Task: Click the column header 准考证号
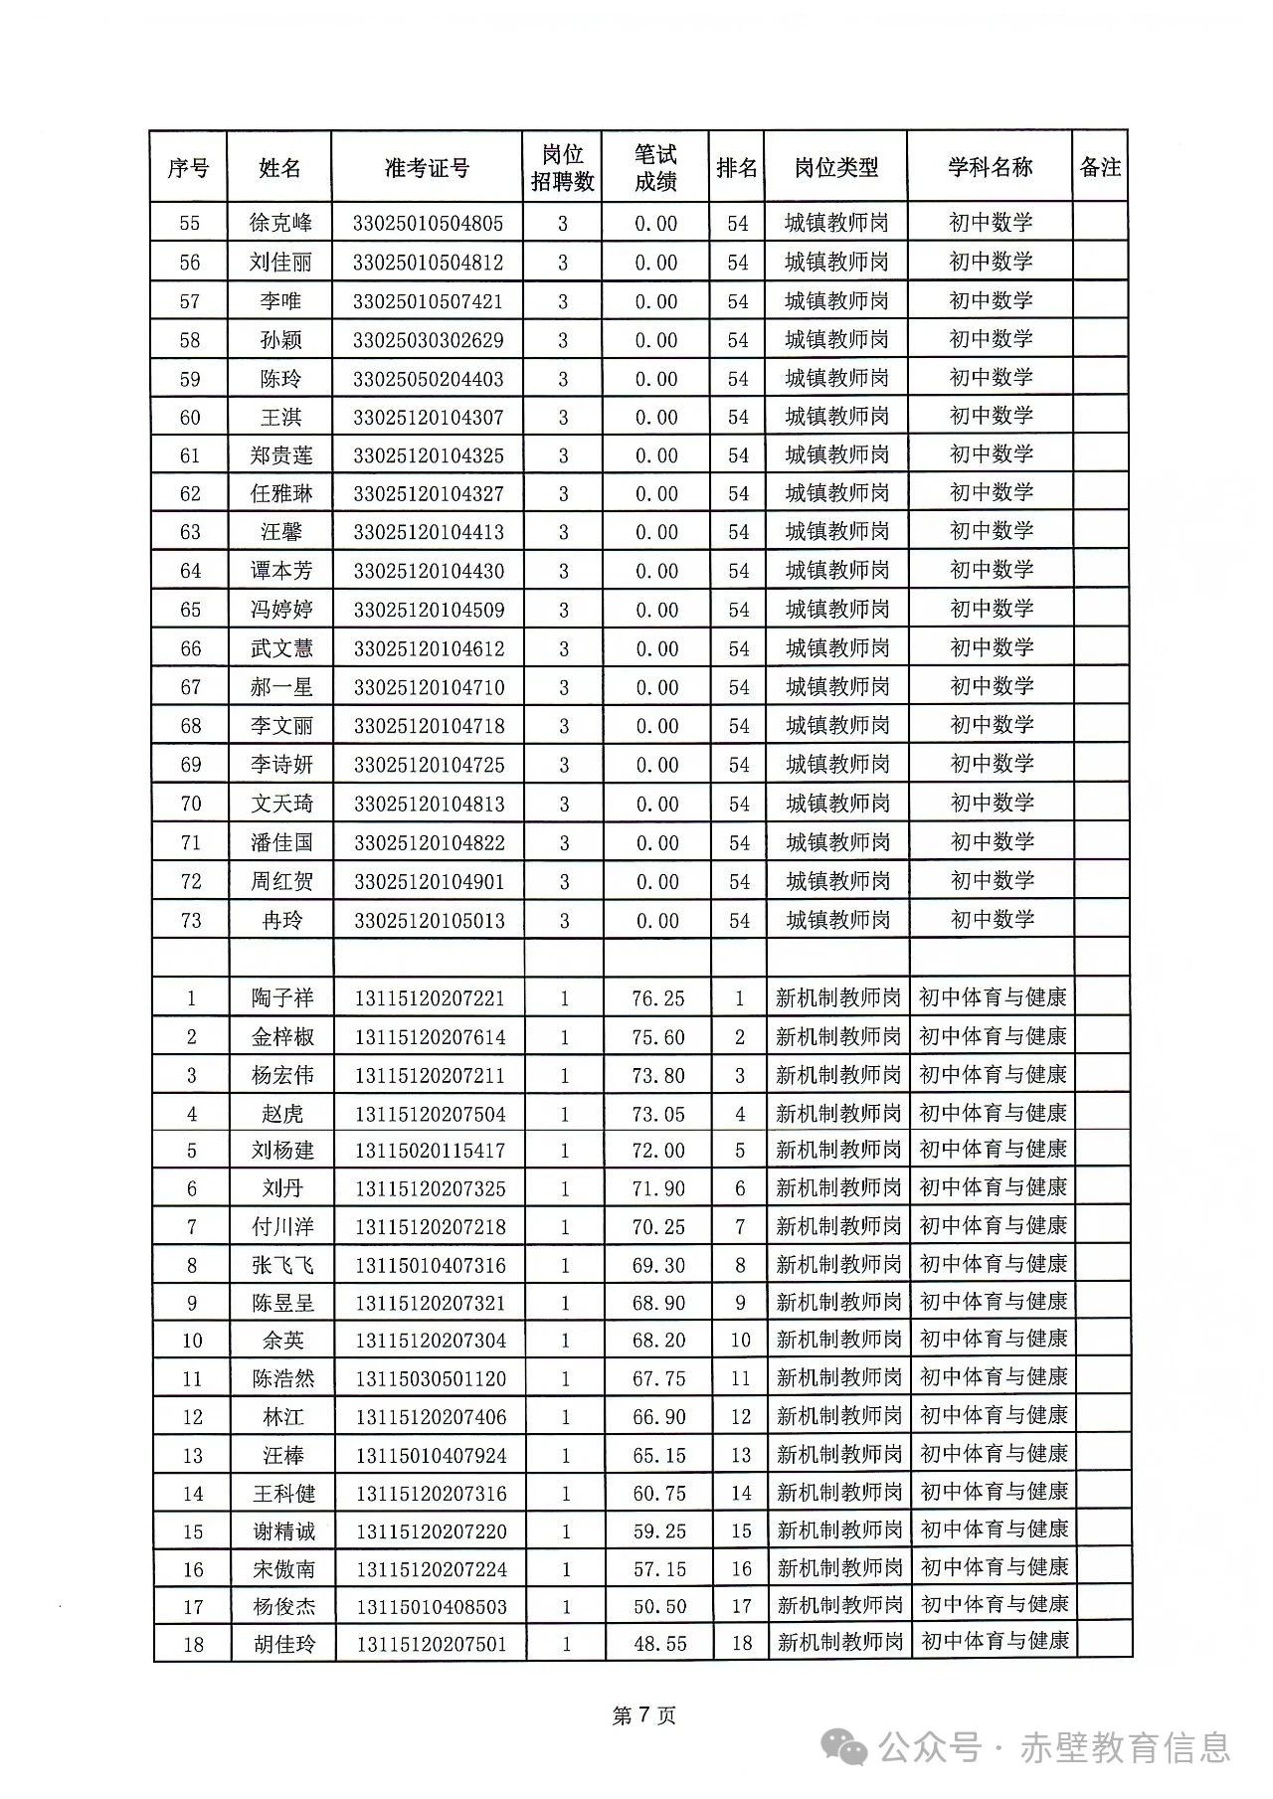427,168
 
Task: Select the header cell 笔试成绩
655,168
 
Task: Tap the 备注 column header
1100,168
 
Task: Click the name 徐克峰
280,223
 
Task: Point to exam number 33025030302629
428,340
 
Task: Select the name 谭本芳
281,571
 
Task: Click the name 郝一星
281,687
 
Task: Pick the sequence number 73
191,921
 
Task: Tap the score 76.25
658,998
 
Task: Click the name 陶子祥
282,998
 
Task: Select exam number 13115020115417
430,1152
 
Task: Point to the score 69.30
658,1266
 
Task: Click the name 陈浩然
283,1379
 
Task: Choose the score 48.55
660,1644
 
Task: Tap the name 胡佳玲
284,1644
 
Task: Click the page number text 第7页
644,1715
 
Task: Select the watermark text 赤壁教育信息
1125,1747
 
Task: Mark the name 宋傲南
284,1569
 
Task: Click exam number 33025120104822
429,843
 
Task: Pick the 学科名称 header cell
990,168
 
